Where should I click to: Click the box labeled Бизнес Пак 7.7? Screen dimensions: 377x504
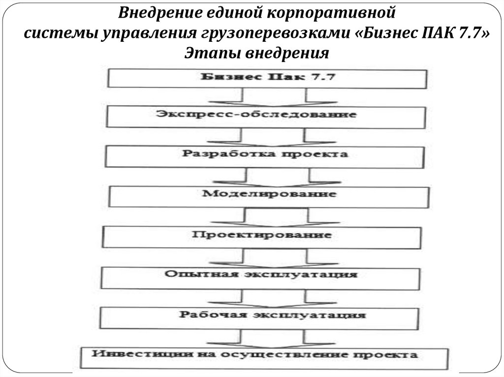[x=267, y=78]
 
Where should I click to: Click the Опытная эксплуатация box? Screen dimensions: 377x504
[x=260, y=276]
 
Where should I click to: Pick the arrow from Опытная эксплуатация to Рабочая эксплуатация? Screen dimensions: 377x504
[x=274, y=296]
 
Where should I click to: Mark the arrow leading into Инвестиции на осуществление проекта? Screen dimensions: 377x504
[x=274, y=337]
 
